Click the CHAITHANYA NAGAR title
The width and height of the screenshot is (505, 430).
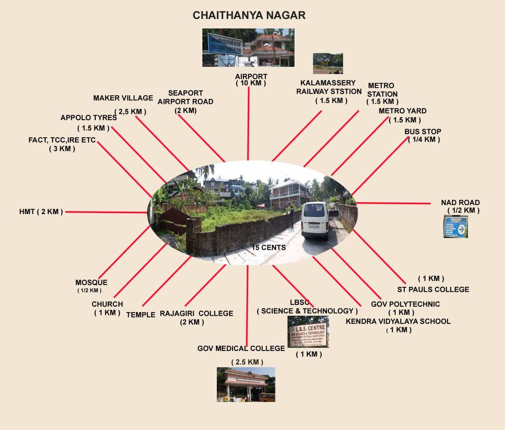[249, 15]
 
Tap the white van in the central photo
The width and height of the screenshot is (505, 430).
[315, 220]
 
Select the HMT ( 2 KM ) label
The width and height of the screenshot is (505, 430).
[41, 211]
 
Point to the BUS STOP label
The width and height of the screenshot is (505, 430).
[423, 132]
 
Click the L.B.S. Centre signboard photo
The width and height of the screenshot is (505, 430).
[308, 332]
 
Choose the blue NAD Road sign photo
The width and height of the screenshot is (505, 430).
[455, 227]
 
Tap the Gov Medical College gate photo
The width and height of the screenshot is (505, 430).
[246, 384]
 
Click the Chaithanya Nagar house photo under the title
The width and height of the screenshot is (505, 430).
[248, 47]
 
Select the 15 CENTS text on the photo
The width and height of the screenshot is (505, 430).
[269, 248]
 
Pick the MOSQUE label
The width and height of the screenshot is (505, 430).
[91, 283]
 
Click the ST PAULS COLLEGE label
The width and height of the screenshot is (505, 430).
[433, 289]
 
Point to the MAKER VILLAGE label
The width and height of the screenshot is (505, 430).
[123, 98]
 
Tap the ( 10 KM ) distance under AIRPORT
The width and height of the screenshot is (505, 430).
[251, 84]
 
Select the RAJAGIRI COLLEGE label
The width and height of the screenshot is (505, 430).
[196, 313]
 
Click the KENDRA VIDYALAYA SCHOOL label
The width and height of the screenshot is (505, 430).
[398, 321]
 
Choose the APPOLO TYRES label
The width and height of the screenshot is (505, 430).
[89, 118]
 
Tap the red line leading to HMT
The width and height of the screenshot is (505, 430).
[106, 212]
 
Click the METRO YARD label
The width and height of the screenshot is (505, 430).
[402, 111]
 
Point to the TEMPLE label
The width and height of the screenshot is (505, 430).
[140, 315]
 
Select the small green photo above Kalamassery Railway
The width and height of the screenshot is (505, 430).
[328, 63]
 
